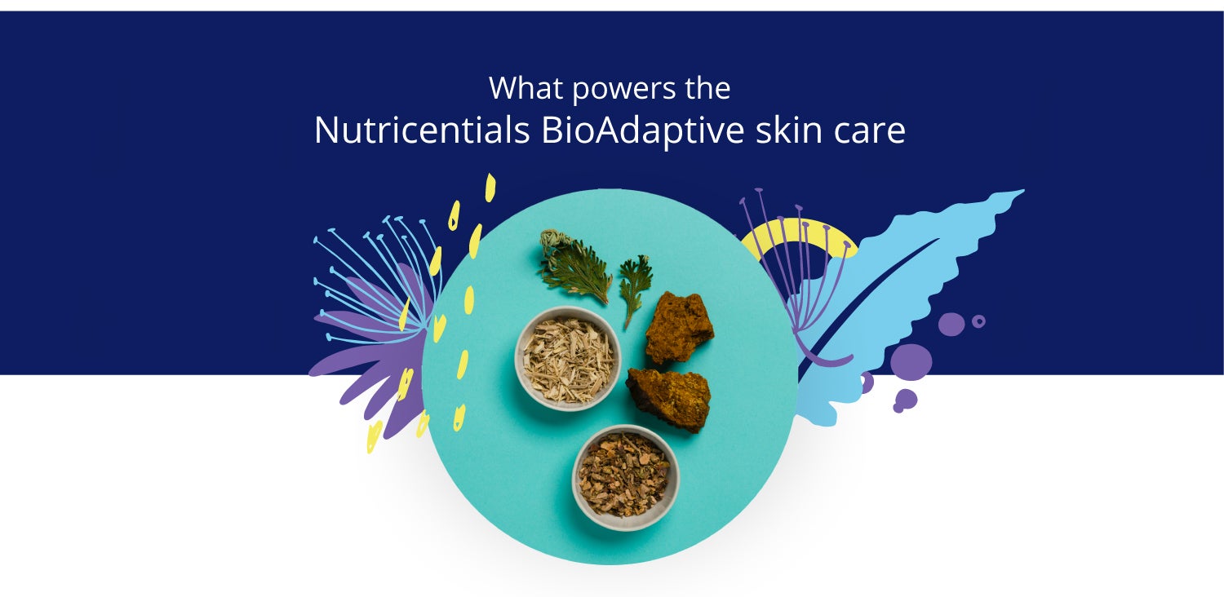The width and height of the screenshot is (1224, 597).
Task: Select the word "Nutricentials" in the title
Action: pos(422,130)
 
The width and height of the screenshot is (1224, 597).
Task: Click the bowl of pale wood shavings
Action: pos(568,358)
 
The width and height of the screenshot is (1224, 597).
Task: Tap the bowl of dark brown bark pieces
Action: pos(626,477)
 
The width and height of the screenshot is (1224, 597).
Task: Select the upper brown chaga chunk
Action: pos(679,327)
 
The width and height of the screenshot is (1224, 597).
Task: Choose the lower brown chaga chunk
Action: pos(669,398)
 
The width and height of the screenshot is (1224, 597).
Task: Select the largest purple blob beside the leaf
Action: pos(911,361)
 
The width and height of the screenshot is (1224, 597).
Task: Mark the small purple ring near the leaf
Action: pos(978,321)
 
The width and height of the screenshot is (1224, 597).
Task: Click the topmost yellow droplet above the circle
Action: pos(490,188)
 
